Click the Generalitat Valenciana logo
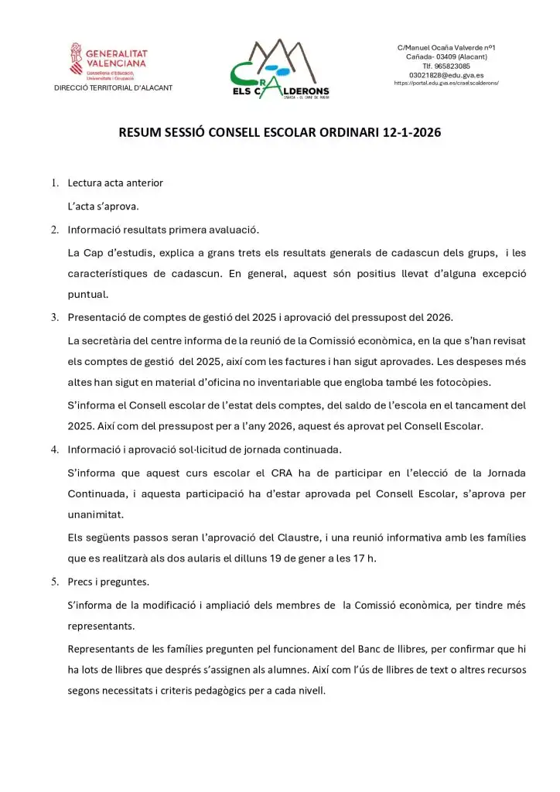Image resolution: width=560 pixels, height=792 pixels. [x=108, y=61]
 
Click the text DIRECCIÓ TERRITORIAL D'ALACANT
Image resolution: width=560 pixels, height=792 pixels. [x=113, y=87]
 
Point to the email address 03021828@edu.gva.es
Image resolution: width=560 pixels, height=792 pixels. [x=446, y=75]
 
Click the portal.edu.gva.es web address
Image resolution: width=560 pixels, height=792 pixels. [x=446, y=83]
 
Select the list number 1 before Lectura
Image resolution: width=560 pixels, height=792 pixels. [x=55, y=183]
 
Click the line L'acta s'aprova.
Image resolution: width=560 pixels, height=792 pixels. [x=103, y=206]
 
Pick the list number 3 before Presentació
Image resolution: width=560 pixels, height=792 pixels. [x=55, y=317]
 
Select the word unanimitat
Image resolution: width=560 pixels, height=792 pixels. [x=96, y=514]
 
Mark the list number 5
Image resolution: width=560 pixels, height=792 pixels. [x=55, y=581]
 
